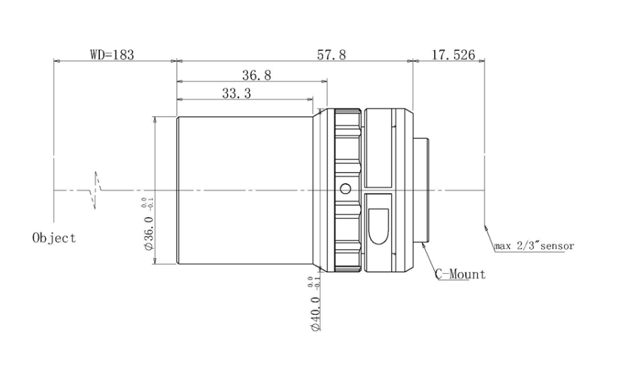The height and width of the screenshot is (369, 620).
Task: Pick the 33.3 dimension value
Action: [236, 95]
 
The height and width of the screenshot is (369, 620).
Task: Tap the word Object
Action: [54, 238]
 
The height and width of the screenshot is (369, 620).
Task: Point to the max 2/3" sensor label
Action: [534, 246]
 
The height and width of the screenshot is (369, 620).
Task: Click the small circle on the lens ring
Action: [345, 188]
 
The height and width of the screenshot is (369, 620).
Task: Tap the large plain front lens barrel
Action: [243, 191]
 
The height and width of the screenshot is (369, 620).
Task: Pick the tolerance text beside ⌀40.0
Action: [310, 283]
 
